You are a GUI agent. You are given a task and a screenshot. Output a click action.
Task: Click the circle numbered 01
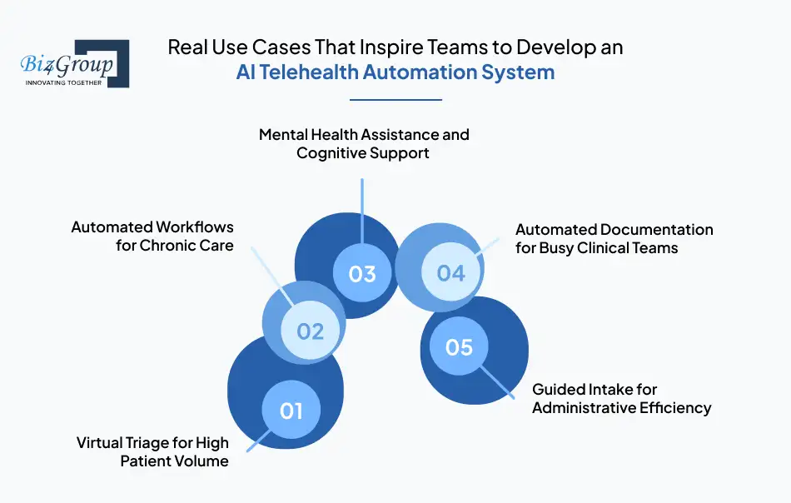[291, 411]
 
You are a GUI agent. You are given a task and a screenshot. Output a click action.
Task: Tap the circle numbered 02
[310, 331]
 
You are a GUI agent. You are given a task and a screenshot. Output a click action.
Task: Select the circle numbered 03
[362, 273]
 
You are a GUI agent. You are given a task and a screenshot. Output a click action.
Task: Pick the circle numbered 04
[450, 272]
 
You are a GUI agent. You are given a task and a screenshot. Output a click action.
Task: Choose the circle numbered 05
[459, 346]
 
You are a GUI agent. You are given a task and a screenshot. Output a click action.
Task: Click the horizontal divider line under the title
[395, 100]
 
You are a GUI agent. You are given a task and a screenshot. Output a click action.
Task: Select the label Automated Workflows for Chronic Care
[152, 237]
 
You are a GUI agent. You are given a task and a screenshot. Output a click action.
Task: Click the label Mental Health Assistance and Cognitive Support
[364, 144]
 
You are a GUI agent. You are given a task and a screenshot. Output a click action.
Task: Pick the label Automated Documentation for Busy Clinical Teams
[614, 238]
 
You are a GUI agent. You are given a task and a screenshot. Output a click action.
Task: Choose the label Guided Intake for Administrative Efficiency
[621, 398]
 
